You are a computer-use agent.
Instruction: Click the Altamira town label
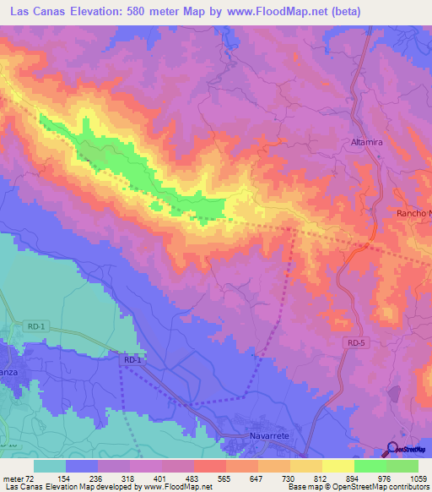[367, 143]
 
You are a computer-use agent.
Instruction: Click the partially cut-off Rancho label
[413, 214]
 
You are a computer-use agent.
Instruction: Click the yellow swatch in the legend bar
[337, 466]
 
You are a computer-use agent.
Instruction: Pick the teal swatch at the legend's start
[50, 466]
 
